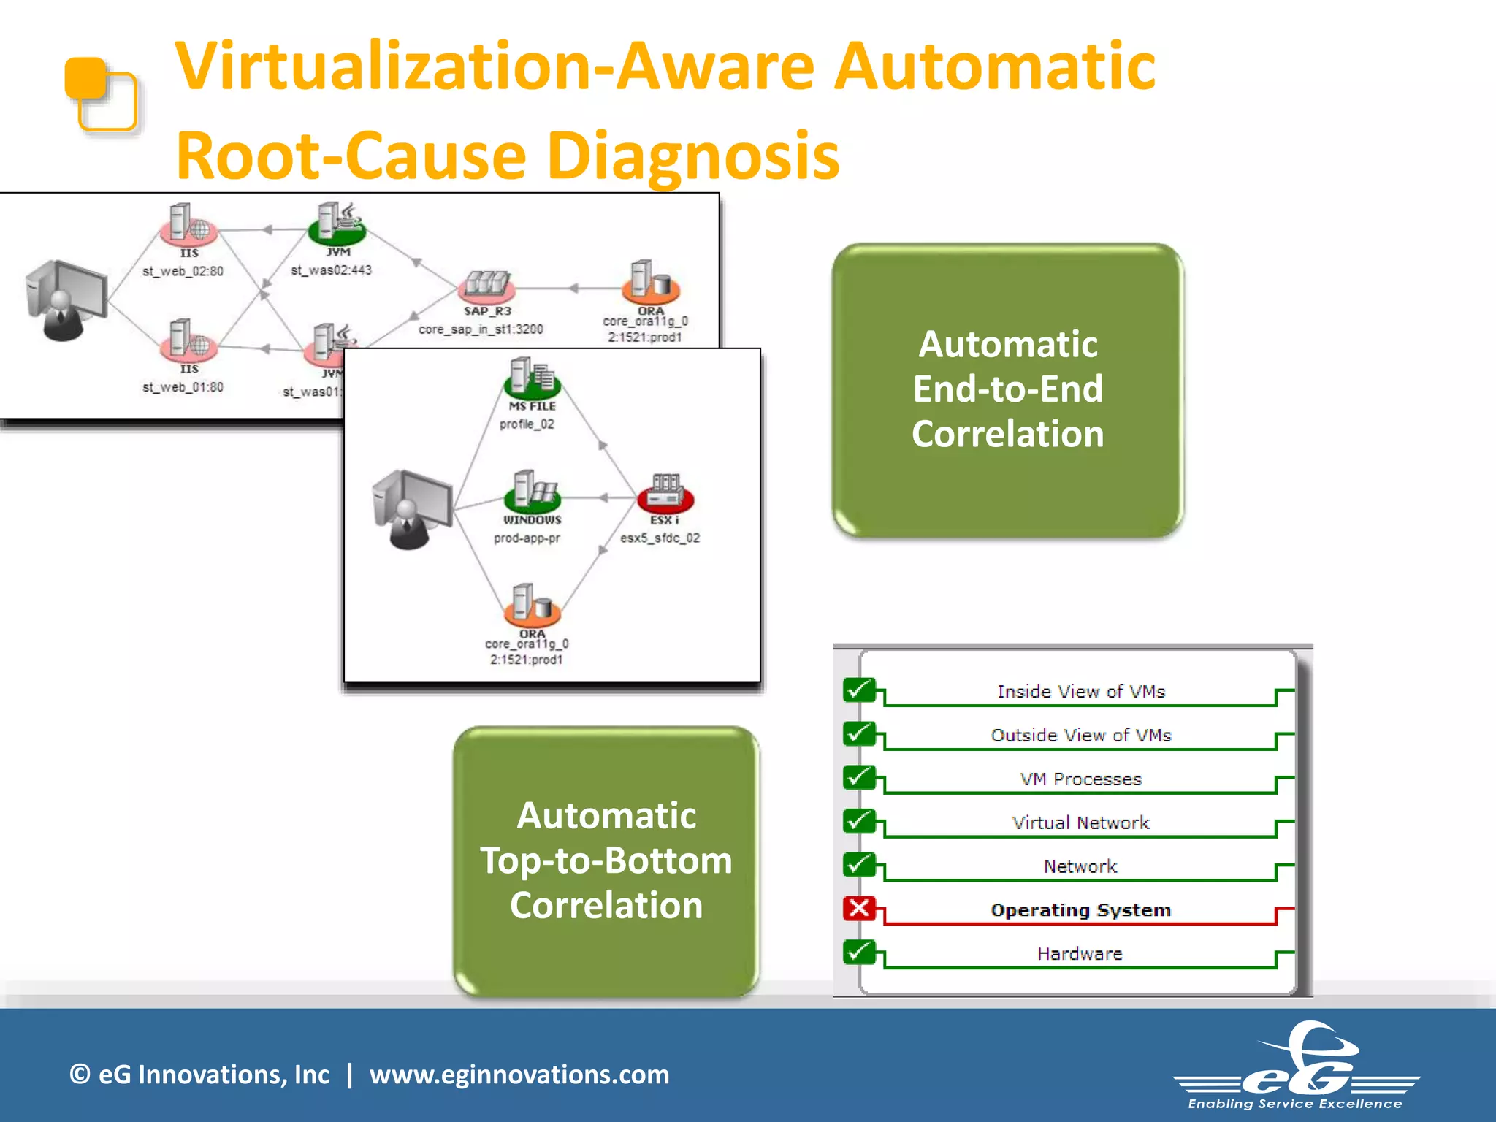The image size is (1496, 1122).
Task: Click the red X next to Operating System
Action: [860, 908]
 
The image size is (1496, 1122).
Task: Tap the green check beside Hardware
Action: [860, 952]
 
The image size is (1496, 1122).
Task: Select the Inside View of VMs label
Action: [1080, 691]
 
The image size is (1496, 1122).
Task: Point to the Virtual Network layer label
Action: [1080, 823]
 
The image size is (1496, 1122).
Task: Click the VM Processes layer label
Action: [1080, 779]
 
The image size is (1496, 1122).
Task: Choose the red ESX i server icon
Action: [665, 493]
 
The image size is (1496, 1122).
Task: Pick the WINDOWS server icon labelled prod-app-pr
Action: [532, 490]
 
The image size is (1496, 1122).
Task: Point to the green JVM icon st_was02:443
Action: [337, 224]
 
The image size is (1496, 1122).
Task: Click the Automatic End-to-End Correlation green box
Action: [1007, 390]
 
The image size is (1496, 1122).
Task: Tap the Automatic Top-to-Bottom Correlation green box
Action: [606, 860]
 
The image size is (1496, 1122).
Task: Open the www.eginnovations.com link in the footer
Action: [519, 1074]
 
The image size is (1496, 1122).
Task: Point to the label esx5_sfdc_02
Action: [660, 538]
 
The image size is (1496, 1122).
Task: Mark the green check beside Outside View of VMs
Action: [860, 733]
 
